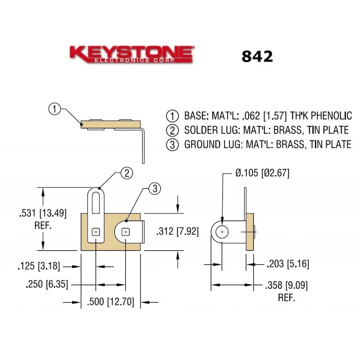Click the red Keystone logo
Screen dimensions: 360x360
(131, 54)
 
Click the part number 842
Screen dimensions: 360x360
(257, 56)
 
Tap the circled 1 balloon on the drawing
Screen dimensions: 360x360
(54, 108)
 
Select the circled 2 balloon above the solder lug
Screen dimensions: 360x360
(127, 173)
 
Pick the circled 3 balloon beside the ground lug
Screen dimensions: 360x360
(154, 189)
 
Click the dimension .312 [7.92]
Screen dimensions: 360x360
(177, 232)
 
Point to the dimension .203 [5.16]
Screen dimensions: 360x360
(288, 264)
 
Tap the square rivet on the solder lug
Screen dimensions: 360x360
(95, 232)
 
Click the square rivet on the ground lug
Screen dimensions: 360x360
(126, 232)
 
